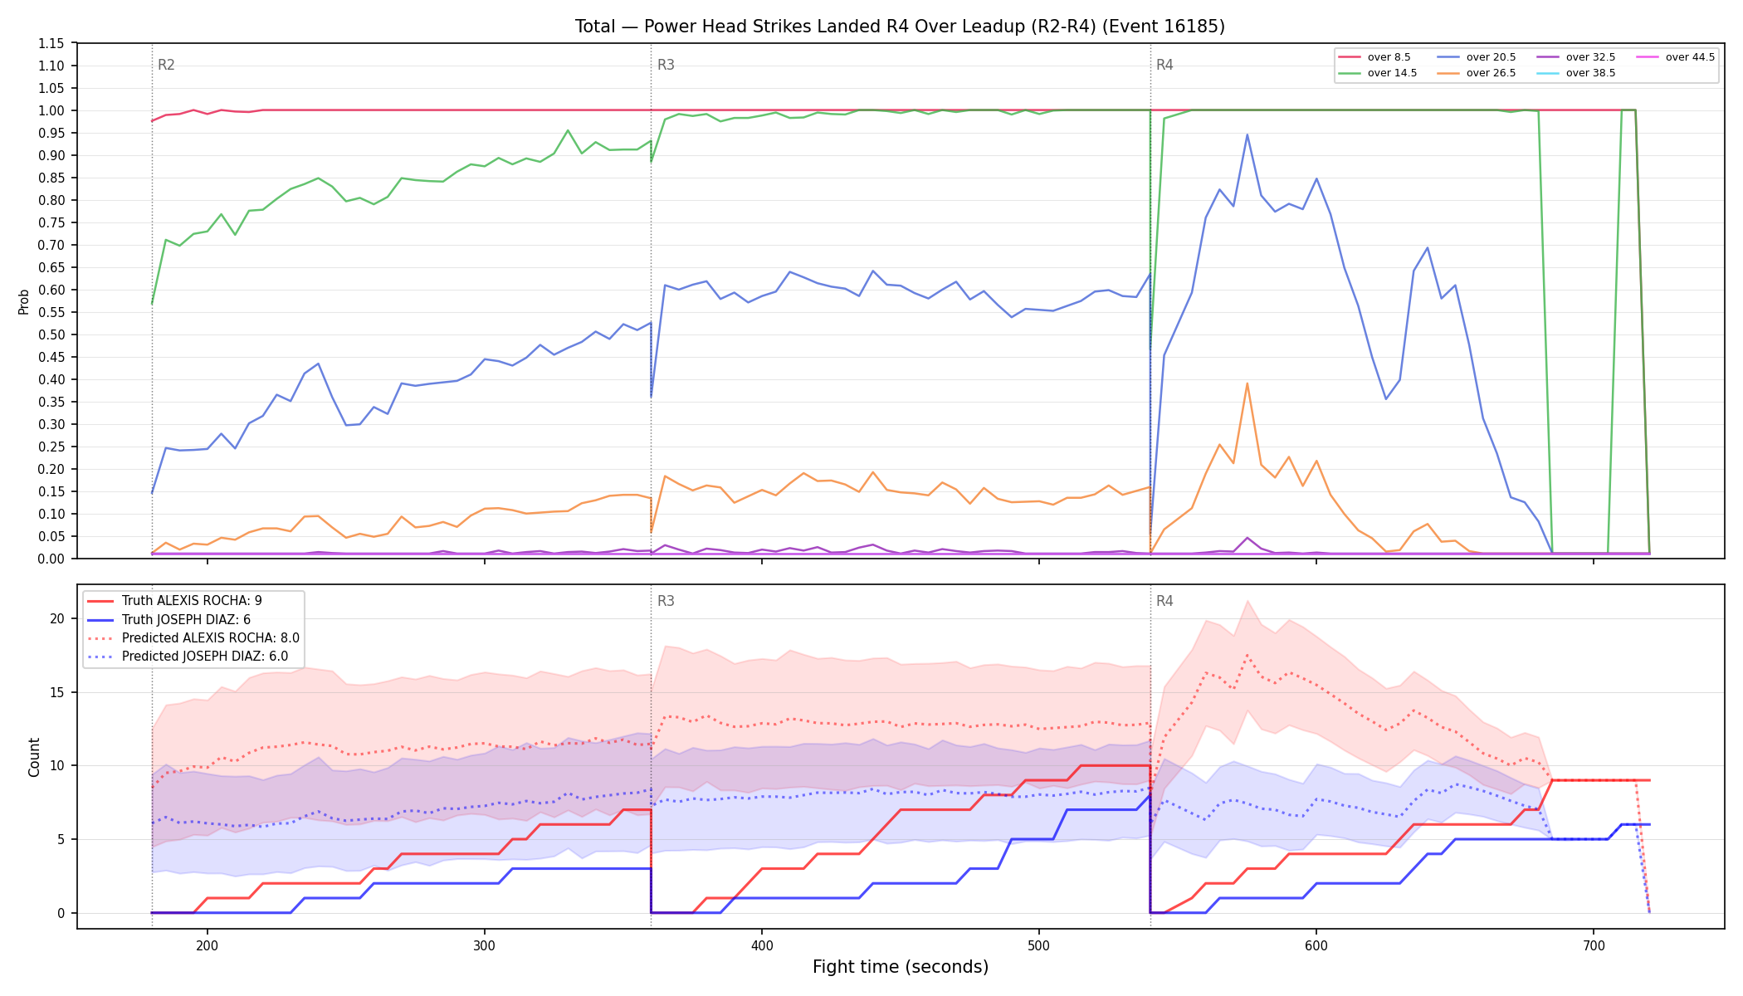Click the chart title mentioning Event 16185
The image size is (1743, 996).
click(x=900, y=27)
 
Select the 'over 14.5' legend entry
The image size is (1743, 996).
click(x=1378, y=73)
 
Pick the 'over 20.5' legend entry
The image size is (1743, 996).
click(x=1477, y=57)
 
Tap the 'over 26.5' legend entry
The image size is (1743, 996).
click(x=1477, y=73)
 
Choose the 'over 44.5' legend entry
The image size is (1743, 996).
click(x=1676, y=57)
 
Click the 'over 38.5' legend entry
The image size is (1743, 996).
click(x=1576, y=73)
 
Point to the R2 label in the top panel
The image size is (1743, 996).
click(x=166, y=65)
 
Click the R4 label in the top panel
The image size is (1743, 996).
click(x=1164, y=65)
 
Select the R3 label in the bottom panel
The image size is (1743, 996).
click(x=666, y=601)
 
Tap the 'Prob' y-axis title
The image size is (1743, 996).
click(x=23, y=301)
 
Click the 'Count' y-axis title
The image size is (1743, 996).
click(x=34, y=757)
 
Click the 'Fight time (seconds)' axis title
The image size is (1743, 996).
click(x=901, y=967)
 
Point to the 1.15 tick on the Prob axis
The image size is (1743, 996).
click(x=51, y=43)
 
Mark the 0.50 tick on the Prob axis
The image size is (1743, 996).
click(x=51, y=334)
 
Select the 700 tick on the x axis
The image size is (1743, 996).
click(x=1594, y=945)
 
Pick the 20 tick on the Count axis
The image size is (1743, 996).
click(x=57, y=618)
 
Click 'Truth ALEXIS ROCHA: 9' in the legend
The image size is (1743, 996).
click(x=192, y=601)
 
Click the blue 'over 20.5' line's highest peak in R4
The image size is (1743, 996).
click(x=1247, y=134)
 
